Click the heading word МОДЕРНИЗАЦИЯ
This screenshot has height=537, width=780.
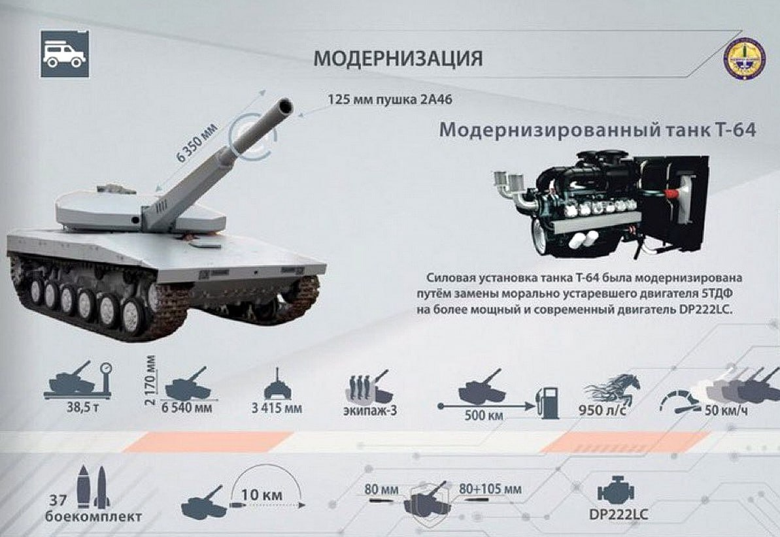[x=398, y=59]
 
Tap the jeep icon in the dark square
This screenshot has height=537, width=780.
[x=65, y=54]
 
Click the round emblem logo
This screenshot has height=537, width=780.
[x=744, y=59]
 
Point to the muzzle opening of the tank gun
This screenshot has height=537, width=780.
[x=285, y=106]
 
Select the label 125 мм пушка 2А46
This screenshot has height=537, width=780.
[x=390, y=99]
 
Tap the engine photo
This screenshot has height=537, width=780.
[x=600, y=204]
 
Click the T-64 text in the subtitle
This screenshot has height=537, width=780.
[x=736, y=130]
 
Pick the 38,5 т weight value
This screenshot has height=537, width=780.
[x=83, y=408]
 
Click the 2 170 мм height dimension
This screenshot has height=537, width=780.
[x=151, y=380]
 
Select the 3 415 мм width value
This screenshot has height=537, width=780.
[x=277, y=408]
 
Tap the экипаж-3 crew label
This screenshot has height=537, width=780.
[x=370, y=411]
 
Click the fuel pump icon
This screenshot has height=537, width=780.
[x=547, y=402]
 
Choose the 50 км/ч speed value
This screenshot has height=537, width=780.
[x=726, y=411]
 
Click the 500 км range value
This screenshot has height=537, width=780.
[x=484, y=415]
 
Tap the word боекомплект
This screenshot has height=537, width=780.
[x=93, y=517]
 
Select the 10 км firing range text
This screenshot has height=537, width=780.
[x=262, y=495]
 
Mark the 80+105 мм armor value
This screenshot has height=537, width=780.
[x=490, y=489]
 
